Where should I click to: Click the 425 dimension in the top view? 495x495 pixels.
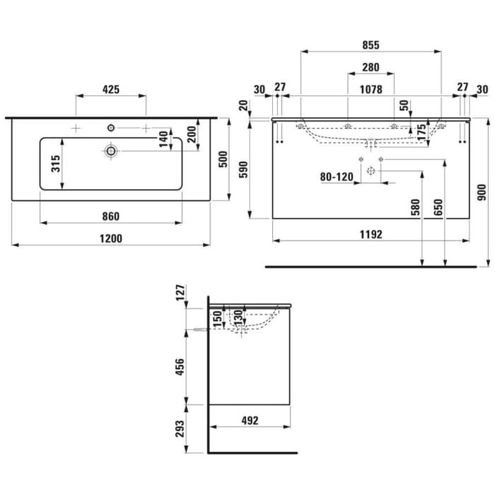(x=111, y=89)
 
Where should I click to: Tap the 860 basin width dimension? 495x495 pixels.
(x=111, y=216)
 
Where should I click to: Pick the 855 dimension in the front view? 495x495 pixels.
(x=371, y=45)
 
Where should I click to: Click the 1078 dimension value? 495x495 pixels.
(x=371, y=89)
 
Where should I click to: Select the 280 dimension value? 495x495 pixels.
(x=371, y=68)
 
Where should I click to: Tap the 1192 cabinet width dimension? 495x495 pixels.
(x=371, y=235)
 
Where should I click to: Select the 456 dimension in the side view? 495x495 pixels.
(x=180, y=368)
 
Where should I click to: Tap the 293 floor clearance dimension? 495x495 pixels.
(x=180, y=429)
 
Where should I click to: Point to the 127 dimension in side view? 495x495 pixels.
(x=180, y=292)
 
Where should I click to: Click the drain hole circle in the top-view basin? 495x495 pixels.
(x=111, y=151)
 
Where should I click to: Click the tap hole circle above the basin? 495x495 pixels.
(x=111, y=127)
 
